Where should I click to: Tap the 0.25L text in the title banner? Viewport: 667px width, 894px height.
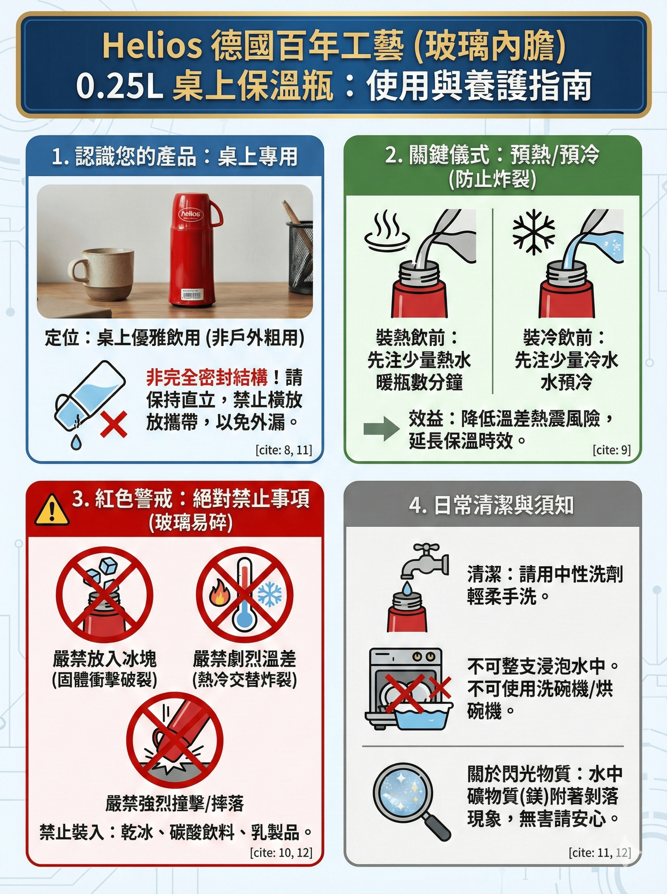(x=119, y=86)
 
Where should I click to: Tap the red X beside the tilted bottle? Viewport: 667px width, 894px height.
(x=114, y=424)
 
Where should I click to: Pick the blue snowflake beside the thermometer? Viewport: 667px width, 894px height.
(x=270, y=594)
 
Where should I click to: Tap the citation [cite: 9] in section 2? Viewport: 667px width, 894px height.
(x=611, y=450)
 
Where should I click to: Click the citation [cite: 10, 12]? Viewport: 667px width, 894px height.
(x=281, y=852)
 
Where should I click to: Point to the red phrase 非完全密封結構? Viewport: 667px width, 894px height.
(x=207, y=378)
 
